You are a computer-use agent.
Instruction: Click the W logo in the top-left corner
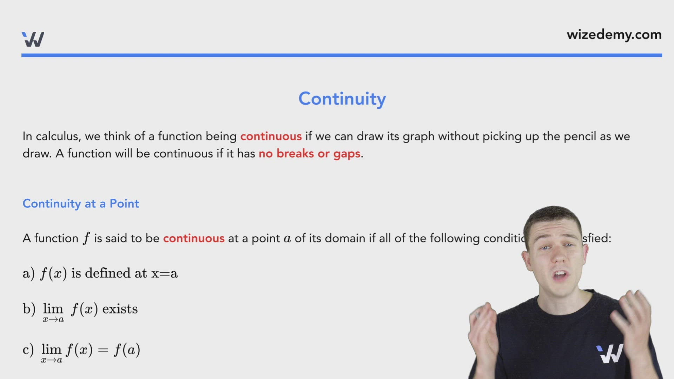click(33, 39)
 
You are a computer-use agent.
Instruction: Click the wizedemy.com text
click(614, 35)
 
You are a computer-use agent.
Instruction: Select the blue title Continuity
click(342, 99)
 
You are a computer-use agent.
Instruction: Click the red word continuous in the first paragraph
click(271, 136)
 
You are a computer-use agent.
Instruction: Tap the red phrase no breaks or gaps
click(309, 154)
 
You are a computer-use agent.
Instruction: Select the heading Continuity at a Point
click(81, 204)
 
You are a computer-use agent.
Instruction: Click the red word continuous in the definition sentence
click(193, 238)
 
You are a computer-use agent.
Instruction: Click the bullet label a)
click(28, 273)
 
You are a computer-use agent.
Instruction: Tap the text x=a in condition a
click(164, 273)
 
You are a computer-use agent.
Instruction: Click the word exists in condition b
click(120, 309)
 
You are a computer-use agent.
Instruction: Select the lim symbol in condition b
click(53, 309)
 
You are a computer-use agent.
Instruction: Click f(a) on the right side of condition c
click(127, 350)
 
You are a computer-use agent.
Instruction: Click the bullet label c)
click(28, 350)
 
